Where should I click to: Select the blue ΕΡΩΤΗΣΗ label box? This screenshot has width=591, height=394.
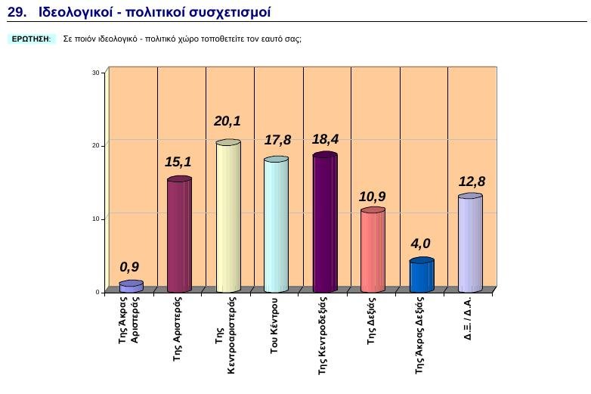tap(32, 39)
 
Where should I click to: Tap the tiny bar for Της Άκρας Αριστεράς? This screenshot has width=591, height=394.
tap(131, 287)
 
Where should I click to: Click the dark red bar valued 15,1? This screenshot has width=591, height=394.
tap(179, 234)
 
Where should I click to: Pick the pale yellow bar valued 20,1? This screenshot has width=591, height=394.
tap(227, 216)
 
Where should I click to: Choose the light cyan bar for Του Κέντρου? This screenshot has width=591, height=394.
tap(276, 225)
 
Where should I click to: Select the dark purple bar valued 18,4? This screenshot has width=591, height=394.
tap(324, 222)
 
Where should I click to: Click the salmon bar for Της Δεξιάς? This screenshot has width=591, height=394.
tap(373, 250)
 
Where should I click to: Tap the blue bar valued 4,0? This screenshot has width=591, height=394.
tap(421, 275)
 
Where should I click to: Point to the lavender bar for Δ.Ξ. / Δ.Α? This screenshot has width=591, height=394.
tap(469, 244)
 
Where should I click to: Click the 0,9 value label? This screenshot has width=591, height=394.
tap(129, 267)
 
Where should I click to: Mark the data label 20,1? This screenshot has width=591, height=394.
tap(227, 121)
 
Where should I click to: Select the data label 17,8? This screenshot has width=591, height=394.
tap(277, 140)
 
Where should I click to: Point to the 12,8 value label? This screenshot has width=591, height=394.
tap(472, 181)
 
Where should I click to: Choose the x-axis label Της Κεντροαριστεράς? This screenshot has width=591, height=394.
tap(227, 336)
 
